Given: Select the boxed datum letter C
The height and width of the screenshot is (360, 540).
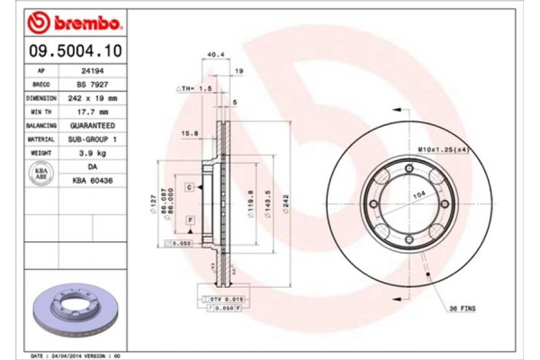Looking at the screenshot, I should [191, 186].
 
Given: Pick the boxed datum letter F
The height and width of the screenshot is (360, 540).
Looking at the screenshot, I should [191, 220].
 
